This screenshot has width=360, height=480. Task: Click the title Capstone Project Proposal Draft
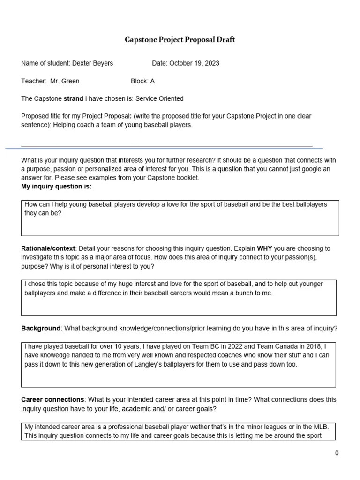click(x=180, y=40)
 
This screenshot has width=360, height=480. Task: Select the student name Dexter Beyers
click(x=92, y=63)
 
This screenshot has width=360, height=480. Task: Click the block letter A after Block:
click(x=152, y=81)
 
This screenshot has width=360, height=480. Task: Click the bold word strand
click(x=73, y=98)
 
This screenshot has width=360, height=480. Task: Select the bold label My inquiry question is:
click(x=56, y=187)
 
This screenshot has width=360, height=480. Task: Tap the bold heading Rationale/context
click(x=48, y=248)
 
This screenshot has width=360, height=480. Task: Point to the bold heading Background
click(x=41, y=329)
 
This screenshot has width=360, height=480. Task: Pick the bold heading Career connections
click(x=52, y=400)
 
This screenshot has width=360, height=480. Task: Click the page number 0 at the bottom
click(x=337, y=453)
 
